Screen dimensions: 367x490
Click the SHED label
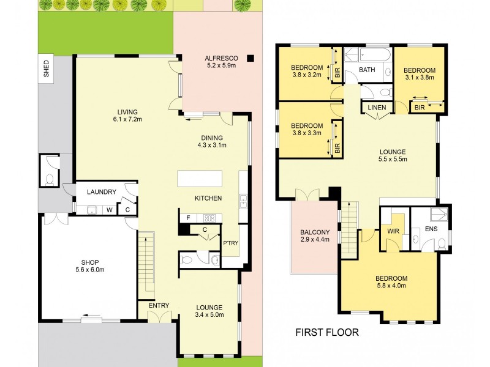pos(46,69)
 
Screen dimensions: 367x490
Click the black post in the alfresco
pos(251,58)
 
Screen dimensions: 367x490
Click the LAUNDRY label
pos(101,192)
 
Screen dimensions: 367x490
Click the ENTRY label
pos(159,305)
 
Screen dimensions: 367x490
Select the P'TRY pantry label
pos(230,243)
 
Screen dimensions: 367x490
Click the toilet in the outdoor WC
pos(49,180)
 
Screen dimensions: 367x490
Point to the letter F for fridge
pos(188,217)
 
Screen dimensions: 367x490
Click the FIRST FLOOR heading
pos(326,333)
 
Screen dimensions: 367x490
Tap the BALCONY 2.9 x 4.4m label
pos(315,235)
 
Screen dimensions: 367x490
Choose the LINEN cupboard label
pos(376,108)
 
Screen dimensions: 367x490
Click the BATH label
pos(367,70)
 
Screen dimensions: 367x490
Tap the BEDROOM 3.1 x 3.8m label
pos(419,73)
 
